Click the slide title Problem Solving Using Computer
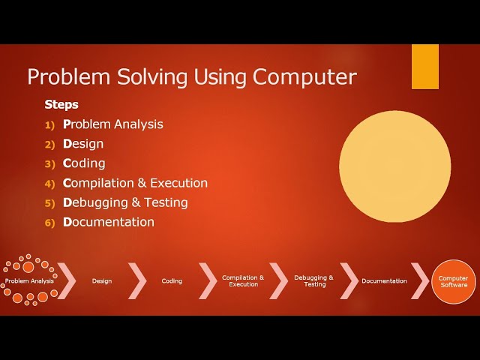point(192,76)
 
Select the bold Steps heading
point(61,105)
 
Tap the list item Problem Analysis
point(112,124)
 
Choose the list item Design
point(83,144)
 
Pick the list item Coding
point(84,163)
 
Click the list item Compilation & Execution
point(135,183)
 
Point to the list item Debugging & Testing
point(125,202)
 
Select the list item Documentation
point(109,222)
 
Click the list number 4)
point(50,183)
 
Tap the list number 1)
point(50,124)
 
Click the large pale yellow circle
point(394,166)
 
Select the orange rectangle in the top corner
point(425,67)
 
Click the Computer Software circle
point(453,281)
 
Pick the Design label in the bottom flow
point(102,281)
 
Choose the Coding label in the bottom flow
point(172,281)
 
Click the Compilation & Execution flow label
point(243,281)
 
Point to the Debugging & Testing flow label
point(314,281)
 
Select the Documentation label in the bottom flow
point(384,281)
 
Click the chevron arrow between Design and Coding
point(137,280)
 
